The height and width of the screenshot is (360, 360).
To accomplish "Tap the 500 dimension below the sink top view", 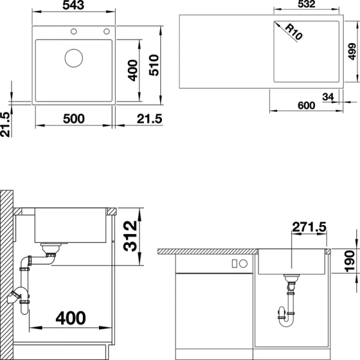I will point(74,118).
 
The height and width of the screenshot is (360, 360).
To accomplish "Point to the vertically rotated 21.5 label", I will point(6,125).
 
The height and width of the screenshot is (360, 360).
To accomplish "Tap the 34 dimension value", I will point(328,96).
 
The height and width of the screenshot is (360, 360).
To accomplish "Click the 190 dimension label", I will point(352,262).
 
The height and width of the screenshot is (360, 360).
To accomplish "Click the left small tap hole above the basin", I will point(74,31).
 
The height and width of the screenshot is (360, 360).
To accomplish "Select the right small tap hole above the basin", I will point(107,31).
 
